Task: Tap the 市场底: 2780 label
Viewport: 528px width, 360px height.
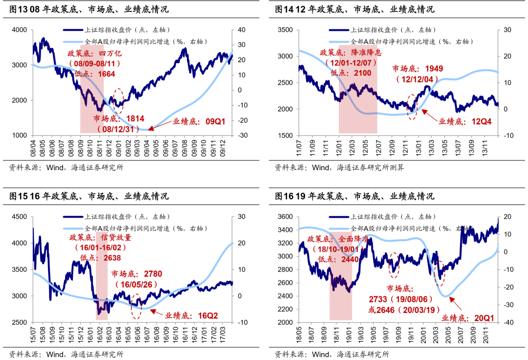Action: point(136,274)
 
